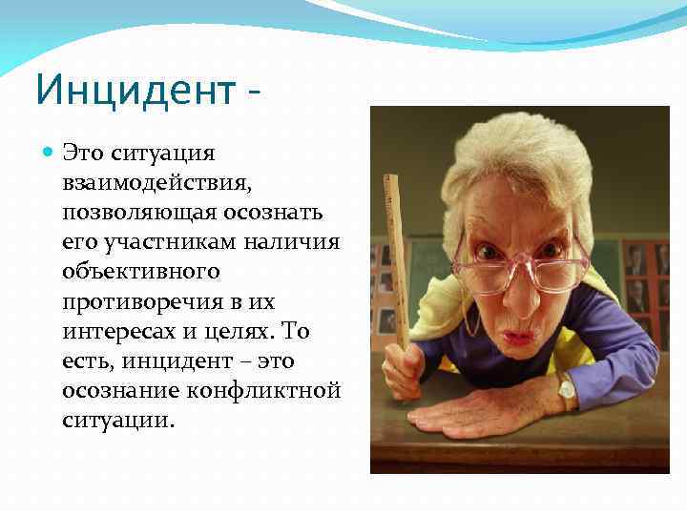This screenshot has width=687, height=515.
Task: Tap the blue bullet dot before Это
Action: coord(49,152)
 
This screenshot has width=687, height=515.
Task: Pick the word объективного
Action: coord(140,272)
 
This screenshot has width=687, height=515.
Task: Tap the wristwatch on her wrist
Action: coord(566,388)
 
